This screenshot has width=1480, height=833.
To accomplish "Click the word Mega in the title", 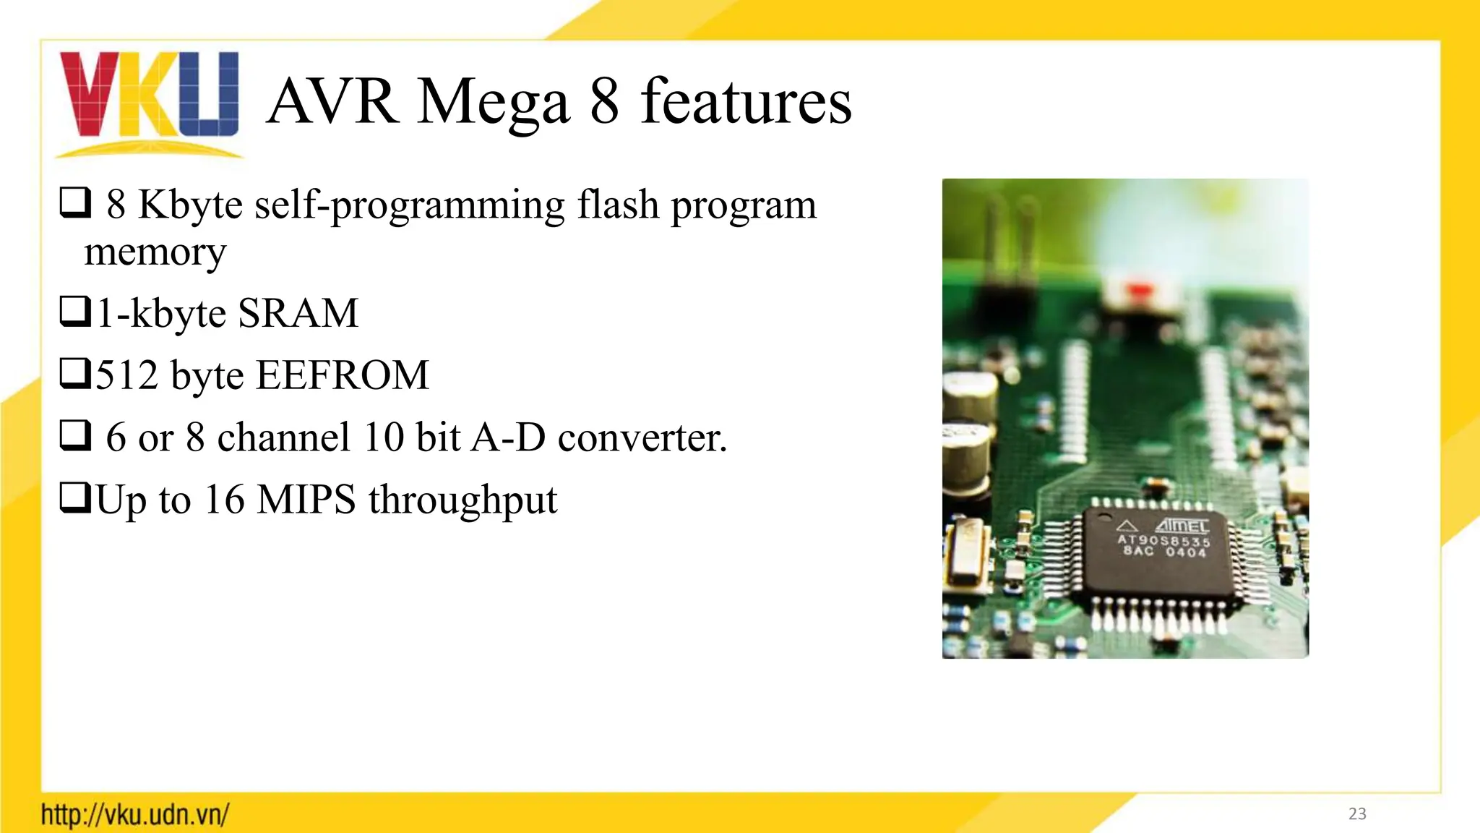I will [x=494, y=103].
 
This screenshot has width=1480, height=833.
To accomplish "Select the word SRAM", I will [x=298, y=313].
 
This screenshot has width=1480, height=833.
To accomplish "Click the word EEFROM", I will [x=343, y=375].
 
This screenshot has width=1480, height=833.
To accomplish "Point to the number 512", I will [x=127, y=375].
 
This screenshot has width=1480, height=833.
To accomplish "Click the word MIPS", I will [x=306, y=500].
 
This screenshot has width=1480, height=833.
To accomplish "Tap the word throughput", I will [x=463, y=501].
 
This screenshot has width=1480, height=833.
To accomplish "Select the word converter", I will [x=642, y=437].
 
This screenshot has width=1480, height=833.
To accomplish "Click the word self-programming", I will [x=409, y=205].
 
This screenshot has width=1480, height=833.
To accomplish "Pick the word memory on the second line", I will [x=155, y=252].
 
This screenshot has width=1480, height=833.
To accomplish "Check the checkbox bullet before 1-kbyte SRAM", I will [x=74, y=312].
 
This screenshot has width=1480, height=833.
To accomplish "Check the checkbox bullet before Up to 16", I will [x=74, y=498].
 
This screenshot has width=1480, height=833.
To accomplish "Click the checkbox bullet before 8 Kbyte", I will [x=74, y=202].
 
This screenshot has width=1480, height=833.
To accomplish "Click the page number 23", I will [x=1357, y=813].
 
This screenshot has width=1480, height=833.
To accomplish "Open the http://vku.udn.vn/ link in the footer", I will [x=135, y=814].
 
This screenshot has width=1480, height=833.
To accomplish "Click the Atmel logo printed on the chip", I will [x=1181, y=526].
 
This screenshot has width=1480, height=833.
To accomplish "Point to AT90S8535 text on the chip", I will [x=1163, y=541].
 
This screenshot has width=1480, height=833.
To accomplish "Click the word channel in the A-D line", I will [x=284, y=437].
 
